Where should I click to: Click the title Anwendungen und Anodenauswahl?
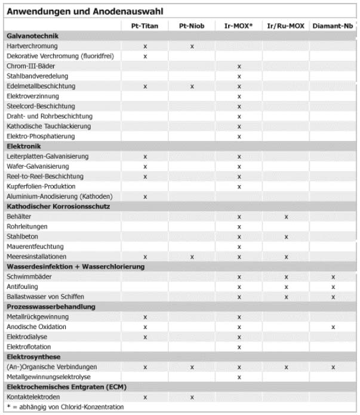click(x=84, y=11)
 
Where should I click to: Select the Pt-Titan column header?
click(x=145, y=26)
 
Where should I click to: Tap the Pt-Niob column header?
click(x=192, y=26)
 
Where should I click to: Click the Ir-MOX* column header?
click(x=239, y=26)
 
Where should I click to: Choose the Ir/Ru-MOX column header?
click(x=286, y=26)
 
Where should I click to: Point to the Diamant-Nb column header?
click(x=333, y=26)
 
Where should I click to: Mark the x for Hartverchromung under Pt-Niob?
click(x=192, y=46)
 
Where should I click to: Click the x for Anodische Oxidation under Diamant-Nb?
click(x=333, y=327)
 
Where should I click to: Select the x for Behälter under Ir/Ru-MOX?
click(x=286, y=217)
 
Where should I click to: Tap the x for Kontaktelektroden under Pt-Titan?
click(x=145, y=397)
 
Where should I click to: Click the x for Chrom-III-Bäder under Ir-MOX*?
click(x=239, y=66)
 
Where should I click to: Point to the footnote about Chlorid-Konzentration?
click(x=64, y=407)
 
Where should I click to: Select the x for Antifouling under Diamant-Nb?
click(x=333, y=287)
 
